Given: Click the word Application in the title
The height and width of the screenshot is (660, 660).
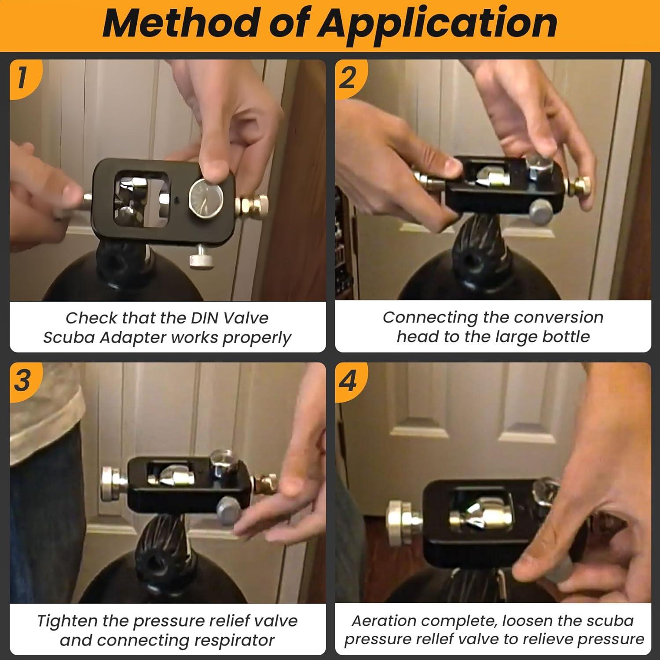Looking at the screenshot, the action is coord(437,25).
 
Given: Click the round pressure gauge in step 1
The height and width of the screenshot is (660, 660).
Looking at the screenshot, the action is coord(206,199).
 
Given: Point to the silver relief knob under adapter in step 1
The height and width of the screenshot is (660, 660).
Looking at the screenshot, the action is coord(201,260).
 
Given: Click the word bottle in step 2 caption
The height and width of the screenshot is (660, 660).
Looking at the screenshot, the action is coord(566,337).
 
